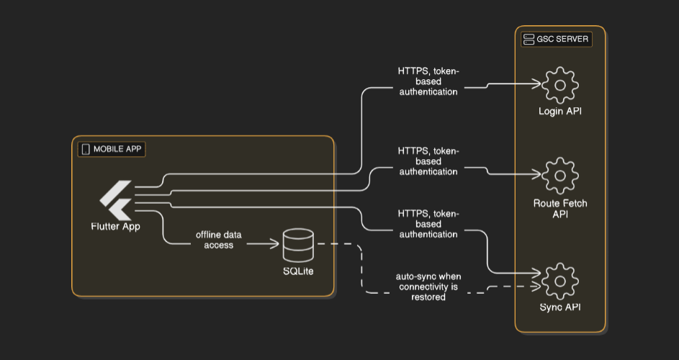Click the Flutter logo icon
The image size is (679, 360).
pyautogui.click(x=116, y=199)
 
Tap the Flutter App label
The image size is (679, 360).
pyautogui.click(x=116, y=227)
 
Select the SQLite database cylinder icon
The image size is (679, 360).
pyautogui.click(x=298, y=245)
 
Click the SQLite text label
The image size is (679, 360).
pyautogui.click(x=298, y=271)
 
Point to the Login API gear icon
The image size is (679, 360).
pyautogui.click(x=560, y=85)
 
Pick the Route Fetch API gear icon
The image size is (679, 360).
pyautogui.click(x=560, y=175)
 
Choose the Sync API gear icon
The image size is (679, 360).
pyautogui.click(x=560, y=282)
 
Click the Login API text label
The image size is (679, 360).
pyautogui.click(x=560, y=112)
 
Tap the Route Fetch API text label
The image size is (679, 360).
pyautogui.click(x=560, y=209)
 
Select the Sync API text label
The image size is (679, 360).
pyautogui.click(x=560, y=308)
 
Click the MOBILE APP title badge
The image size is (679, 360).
pyautogui.click(x=112, y=150)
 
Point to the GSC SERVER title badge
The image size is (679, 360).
pyautogui.click(x=557, y=39)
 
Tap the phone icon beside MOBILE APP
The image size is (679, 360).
pyautogui.click(x=86, y=150)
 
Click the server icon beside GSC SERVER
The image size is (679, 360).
pyautogui.click(x=529, y=39)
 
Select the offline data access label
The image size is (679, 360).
pyautogui.click(x=219, y=240)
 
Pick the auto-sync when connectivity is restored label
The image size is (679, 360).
pyautogui.click(x=428, y=287)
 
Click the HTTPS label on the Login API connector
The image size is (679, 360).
pyautogui.click(x=428, y=81)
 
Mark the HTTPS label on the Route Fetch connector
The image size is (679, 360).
pyautogui.click(x=428, y=161)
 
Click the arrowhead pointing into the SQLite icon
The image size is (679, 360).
pyautogui.click(x=275, y=245)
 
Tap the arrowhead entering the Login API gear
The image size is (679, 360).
pyautogui.click(x=537, y=84)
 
